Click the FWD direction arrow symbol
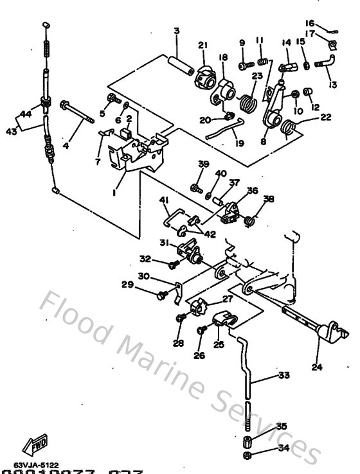point(31,444)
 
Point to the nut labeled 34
point(248,455)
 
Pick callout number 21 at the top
point(203,45)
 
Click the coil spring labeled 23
point(247,101)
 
